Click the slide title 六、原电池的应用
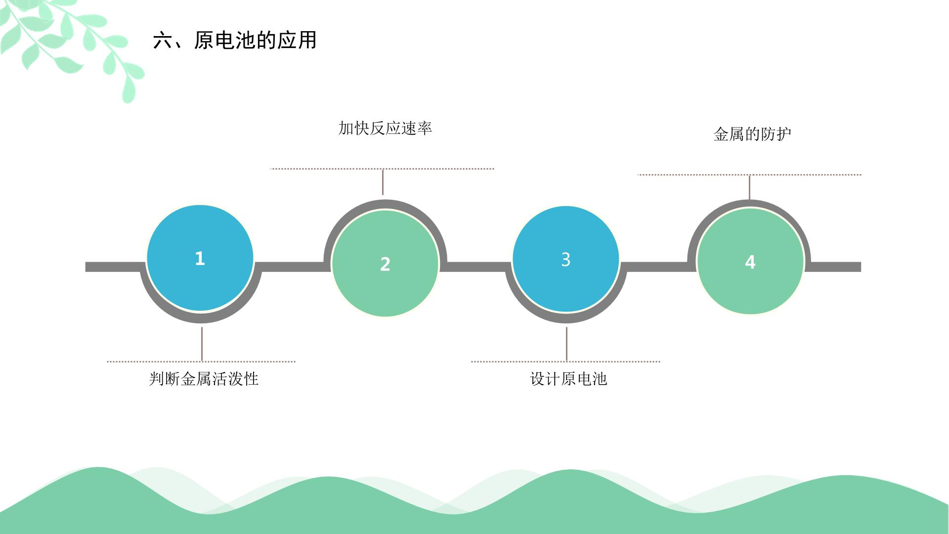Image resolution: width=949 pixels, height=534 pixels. click(x=235, y=41)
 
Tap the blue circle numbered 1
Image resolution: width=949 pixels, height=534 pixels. click(x=200, y=258)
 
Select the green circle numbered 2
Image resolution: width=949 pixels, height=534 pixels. click(x=385, y=264)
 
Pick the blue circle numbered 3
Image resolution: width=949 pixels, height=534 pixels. click(x=566, y=259)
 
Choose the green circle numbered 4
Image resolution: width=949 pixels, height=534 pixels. click(x=750, y=262)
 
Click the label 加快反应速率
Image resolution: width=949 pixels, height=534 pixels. click(x=385, y=129)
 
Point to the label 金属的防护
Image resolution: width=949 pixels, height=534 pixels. click(x=752, y=134)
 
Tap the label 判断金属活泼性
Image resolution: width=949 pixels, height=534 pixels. click(x=204, y=379)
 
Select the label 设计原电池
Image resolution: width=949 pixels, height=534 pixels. click(x=568, y=379)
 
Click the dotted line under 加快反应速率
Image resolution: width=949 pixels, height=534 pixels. click(x=382, y=169)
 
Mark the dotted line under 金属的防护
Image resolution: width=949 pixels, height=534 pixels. click(x=749, y=175)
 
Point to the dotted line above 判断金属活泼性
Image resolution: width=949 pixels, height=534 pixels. click(x=201, y=361)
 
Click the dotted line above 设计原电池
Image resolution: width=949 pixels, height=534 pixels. click(x=566, y=361)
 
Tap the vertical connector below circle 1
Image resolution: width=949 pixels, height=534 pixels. click(x=202, y=344)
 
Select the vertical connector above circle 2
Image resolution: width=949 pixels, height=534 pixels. click(x=383, y=182)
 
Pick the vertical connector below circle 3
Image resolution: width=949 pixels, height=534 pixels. click(x=566, y=344)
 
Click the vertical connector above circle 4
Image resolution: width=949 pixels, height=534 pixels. click(x=749, y=187)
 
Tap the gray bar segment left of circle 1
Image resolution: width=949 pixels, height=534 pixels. click(x=115, y=267)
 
